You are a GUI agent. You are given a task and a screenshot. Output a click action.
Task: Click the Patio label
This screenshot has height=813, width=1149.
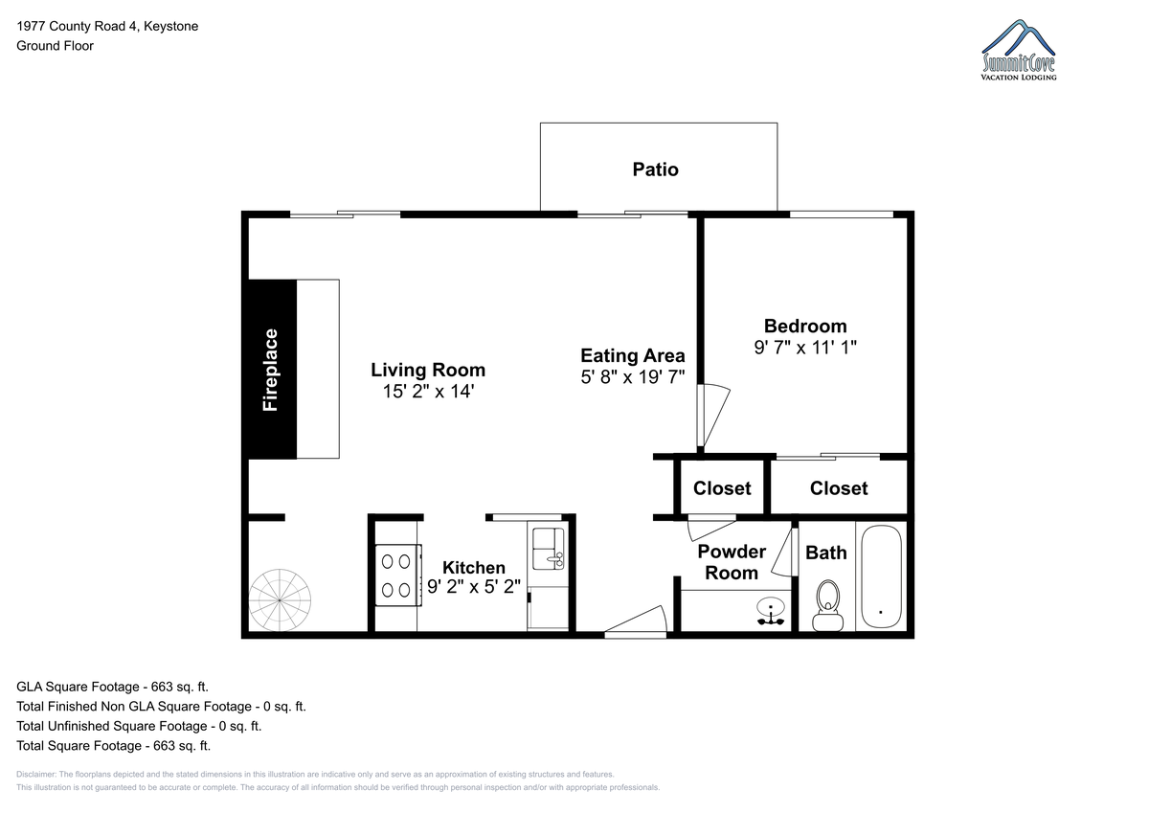tap(655, 169)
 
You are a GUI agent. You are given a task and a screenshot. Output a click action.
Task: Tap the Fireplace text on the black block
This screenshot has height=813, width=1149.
tap(270, 370)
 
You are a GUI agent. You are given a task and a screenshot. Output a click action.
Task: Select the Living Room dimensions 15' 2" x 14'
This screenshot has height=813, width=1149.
tap(428, 392)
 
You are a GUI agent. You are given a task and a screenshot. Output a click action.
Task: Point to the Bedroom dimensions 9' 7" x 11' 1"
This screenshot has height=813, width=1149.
tap(805, 348)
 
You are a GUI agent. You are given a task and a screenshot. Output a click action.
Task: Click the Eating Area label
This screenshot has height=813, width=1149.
tap(633, 355)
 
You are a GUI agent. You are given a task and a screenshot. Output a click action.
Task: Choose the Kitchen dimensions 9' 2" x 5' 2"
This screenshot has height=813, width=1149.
tap(473, 586)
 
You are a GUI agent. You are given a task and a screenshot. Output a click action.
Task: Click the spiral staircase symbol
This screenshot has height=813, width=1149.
tap(280, 599)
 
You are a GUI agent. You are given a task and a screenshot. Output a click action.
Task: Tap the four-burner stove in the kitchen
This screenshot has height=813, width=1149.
tap(398, 576)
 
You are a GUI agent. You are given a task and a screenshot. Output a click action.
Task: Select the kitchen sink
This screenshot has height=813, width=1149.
tap(549, 549)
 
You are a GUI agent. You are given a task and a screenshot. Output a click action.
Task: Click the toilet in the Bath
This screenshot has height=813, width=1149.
tap(827, 606)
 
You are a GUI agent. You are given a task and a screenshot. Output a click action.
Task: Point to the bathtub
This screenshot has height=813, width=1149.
tap(881, 576)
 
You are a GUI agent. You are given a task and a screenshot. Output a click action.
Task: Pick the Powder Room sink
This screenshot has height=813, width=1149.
tap(771, 610)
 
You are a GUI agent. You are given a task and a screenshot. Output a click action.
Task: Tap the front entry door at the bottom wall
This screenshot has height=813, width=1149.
tap(636, 622)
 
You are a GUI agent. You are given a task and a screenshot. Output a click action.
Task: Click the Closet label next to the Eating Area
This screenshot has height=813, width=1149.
tap(722, 488)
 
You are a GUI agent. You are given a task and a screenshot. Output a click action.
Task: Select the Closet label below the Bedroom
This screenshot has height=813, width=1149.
tap(839, 488)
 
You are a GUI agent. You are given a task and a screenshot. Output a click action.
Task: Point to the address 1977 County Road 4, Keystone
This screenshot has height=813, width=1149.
tap(107, 26)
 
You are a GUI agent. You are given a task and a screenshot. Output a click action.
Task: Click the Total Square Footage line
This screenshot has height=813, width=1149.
tap(113, 745)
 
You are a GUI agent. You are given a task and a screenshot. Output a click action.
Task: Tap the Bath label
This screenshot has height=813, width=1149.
tap(825, 553)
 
